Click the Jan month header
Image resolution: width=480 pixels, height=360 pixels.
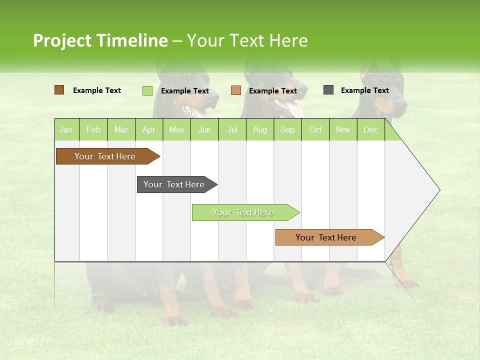66,129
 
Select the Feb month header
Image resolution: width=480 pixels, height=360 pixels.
93,129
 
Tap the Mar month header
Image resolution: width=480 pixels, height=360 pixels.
121,129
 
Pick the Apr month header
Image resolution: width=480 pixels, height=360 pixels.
149,129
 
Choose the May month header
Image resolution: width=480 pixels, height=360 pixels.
176,129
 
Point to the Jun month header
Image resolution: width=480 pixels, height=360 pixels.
204,129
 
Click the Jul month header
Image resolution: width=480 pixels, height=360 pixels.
232,129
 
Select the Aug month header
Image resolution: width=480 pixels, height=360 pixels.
260,129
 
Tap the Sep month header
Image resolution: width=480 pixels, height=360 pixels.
287,129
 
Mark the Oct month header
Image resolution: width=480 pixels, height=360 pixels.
315,129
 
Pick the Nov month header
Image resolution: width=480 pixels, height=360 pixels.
343,129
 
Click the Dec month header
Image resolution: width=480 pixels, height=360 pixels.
371,129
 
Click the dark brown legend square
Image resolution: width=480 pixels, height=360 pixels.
59,90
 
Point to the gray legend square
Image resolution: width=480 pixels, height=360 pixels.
328,90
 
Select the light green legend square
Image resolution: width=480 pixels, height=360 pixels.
147,90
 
